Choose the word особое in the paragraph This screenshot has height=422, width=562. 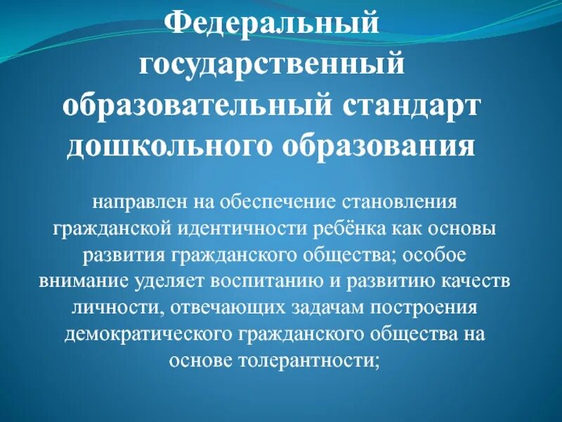(437, 253)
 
